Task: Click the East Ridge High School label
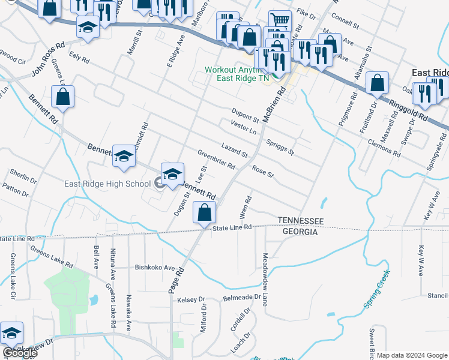coord(107,184)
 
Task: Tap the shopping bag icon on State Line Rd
coord(205,212)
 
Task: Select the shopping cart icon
coord(280,21)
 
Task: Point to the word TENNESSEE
coord(300,222)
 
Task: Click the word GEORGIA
coord(300,232)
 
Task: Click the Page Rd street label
coord(176,280)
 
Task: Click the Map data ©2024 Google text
coord(412,355)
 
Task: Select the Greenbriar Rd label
coord(216,159)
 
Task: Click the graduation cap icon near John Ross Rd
coord(88,29)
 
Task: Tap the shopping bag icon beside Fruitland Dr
coord(377,84)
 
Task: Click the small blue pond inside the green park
coord(93,300)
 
